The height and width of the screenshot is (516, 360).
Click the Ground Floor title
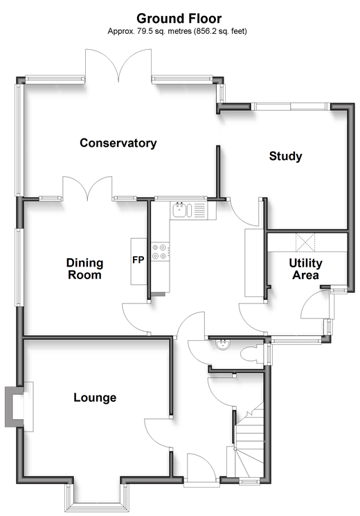click(x=179, y=19)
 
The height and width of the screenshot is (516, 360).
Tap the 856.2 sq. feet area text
click(x=220, y=31)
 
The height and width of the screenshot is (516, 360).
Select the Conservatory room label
click(x=118, y=143)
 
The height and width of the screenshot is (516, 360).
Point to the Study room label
click(x=285, y=156)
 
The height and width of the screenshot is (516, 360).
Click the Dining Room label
click(x=84, y=269)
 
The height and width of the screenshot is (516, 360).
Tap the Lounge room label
click(x=95, y=398)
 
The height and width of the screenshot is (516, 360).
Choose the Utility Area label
click(x=305, y=269)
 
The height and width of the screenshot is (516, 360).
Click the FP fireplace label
click(x=138, y=260)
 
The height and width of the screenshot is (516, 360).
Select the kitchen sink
click(x=181, y=210)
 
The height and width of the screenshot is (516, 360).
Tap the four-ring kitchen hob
click(x=159, y=251)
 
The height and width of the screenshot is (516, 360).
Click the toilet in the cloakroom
click(x=252, y=355)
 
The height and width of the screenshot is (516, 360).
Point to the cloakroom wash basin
click(x=223, y=344)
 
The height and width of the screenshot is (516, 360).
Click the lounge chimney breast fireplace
click(x=19, y=407)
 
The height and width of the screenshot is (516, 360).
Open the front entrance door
click(x=201, y=468)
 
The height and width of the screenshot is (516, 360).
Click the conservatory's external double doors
click(x=118, y=65)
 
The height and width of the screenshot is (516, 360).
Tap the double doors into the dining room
click(x=87, y=188)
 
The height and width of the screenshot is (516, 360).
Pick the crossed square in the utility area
click(x=305, y=242)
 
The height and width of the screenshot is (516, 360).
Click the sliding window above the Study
click(x=290, y=106)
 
